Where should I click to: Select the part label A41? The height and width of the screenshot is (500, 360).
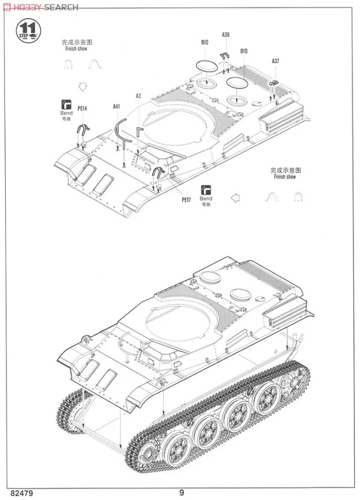pyautogui.click(x=116, y=106)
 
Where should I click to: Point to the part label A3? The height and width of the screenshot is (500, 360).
pyautogui.click(x=138, y=96)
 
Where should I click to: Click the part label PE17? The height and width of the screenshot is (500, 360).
pyautogui.click(x=186, y=199)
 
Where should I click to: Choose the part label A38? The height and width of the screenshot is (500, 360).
pyautogui.click(x=226, y=35)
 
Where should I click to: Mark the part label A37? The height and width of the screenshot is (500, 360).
pyautogui.click(x=275, y=61)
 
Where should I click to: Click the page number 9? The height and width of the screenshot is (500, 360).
pyautogui.click(x=181, y=492)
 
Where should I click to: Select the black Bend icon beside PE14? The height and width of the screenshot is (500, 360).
pyautogui.click(x=66, y=105)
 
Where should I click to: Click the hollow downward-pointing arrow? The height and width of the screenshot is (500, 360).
pyautogui.click(x=83, y=87)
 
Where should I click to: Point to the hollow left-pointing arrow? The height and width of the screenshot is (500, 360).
pyautogui.click(x=236, y=198)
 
